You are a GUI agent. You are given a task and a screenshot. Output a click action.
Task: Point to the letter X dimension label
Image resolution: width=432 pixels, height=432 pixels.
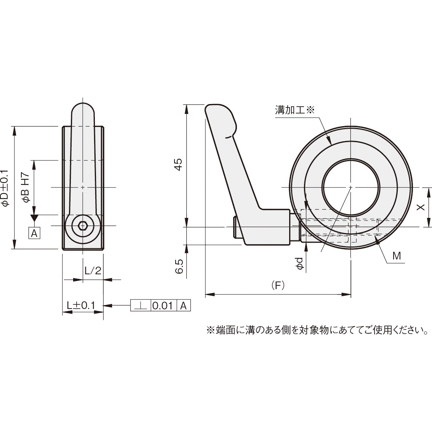coord(420,207)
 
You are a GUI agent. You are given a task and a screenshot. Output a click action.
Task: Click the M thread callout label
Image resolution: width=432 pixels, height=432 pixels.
coord(397,256)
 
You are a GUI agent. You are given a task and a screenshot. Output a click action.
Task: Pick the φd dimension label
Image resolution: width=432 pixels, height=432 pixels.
coord(301,264)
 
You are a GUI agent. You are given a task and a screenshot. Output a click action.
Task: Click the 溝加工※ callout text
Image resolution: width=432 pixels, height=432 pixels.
coord(294,110)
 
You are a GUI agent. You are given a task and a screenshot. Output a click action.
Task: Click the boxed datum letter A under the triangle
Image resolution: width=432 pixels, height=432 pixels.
coord(34,233)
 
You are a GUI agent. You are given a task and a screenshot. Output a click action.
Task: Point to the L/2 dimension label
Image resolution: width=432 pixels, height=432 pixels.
coord(93,270)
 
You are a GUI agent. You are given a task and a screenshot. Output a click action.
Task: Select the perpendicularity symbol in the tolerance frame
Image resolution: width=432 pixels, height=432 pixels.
coord(141,306)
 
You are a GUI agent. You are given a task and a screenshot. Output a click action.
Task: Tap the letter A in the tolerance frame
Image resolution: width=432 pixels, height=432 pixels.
coord(183,306)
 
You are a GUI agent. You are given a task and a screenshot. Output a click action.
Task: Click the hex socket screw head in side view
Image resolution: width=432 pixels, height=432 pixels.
coord(83,226)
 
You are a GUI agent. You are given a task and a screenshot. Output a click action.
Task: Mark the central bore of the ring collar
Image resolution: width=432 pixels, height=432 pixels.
coord(350,187)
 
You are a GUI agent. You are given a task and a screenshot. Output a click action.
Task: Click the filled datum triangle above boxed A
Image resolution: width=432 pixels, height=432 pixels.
coord(34,219)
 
